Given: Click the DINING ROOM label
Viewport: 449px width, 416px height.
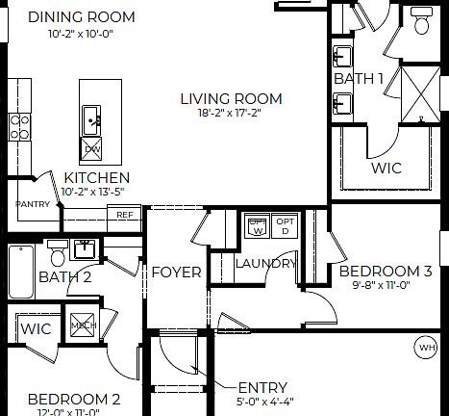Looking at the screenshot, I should coord(81,17).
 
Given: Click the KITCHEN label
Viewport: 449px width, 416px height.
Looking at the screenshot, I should coord(97,178).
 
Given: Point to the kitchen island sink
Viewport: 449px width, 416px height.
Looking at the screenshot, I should coord(92,120).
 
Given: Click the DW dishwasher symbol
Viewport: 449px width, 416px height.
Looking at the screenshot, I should coord(92,148).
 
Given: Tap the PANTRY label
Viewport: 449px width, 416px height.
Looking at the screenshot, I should coord(33,204).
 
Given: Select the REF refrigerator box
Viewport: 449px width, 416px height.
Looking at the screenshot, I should coord(125,215).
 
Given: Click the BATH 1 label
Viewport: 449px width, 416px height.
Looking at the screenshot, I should coord(359,77).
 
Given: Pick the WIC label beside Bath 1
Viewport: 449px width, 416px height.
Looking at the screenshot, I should coord(386,168).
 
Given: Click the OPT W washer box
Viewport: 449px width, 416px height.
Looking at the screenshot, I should coord(257,226).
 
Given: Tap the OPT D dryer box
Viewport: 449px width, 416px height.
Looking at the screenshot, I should coord(286,226).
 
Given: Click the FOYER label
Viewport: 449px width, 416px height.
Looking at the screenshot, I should coord(177,273).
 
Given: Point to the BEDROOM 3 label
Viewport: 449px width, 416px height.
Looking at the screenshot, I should coord(393,272).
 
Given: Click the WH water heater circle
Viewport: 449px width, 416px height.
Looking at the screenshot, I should coord(425,347).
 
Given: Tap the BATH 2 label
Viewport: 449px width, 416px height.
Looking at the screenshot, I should coord(64,278).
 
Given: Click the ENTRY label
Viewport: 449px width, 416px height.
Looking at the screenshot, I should coord(262,387).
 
